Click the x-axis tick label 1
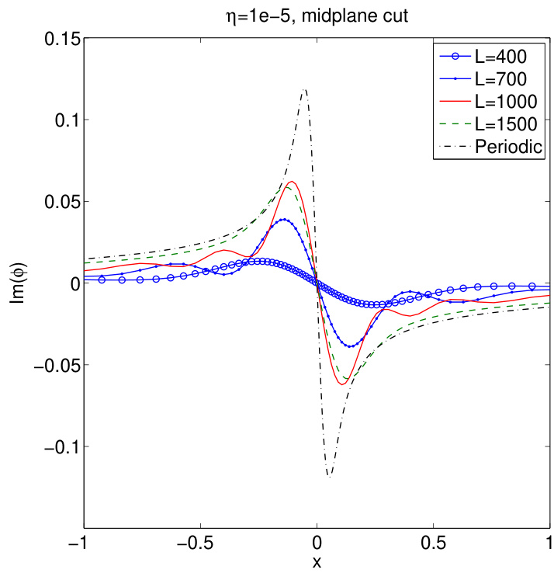[x=549, y=543]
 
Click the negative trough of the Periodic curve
[x=329, y=477]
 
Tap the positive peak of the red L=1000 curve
[x=292, y=182]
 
